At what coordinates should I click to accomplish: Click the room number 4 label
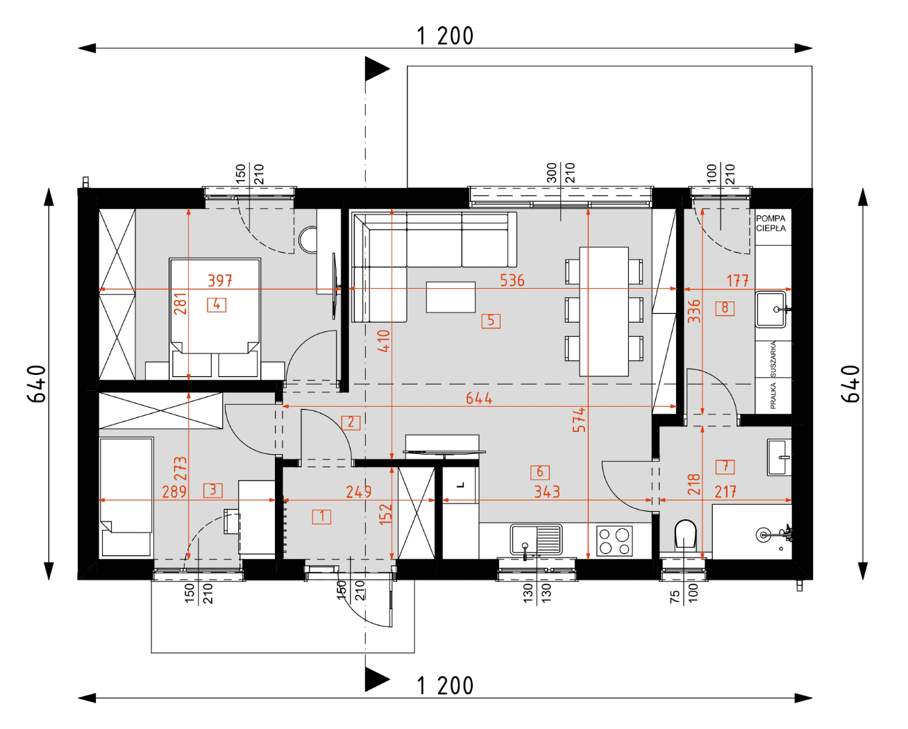point(217,304)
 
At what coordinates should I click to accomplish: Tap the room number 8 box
point(725,308)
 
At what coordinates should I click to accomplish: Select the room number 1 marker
point(321,517)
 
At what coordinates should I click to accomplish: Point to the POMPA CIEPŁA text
point(771,224)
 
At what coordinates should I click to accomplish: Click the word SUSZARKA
point(773,359)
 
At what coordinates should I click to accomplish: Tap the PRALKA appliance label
point(773,396)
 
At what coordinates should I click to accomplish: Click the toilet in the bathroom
point(685,535)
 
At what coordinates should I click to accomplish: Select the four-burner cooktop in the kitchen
point(614,541)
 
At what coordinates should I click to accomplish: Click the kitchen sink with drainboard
point(536,539)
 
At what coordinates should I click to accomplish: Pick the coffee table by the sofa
point(451,297)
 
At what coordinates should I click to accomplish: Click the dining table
point(604,312)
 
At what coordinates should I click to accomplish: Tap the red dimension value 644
point(479,398)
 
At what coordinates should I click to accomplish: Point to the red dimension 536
point(512,280)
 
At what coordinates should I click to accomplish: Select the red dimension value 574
point(580,419)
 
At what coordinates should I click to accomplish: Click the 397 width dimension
point(220,280)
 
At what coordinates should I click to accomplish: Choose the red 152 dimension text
point(386,514)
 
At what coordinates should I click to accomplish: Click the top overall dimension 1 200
point(445,36)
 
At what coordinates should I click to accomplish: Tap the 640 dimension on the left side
point(36,384)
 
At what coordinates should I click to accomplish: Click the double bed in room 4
point(215,317)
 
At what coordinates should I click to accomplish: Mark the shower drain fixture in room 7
point(763,535)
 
